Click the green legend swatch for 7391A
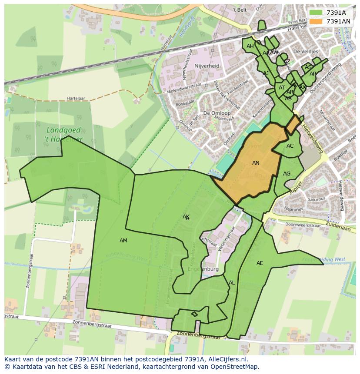(x=317, y=13)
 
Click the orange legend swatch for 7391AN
(x=317, y=21)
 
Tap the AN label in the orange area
(x=256, y=163)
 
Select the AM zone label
(x=123, y=241)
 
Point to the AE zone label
(x=260, y=263)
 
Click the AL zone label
(x=232, y=283)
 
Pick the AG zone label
(x=287, y=174)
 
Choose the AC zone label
(x=290, y=146)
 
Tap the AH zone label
(x=250, y=46)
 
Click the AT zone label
(x=282, y=88)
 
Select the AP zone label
(x=313, y=74)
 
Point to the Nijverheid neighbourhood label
(x=207, y=66)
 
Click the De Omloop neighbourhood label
(x=213, y=113)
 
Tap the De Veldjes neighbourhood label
(x=306, y=51)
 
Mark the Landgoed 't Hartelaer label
(x=64, y=134)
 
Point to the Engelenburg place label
(x=203, y=269)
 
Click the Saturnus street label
(x=316, y=199)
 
